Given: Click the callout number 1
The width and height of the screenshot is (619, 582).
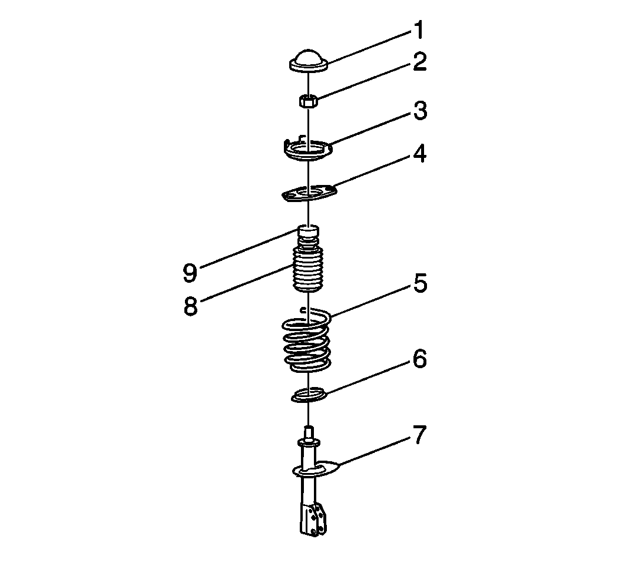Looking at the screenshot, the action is (x=419, y=30).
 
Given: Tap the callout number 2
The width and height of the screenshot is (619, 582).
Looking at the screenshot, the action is (x=420, y=62).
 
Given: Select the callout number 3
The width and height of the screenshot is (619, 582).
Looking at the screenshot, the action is (x=421, y=111).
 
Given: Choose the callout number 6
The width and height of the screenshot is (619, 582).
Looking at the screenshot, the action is (x=420, y=359).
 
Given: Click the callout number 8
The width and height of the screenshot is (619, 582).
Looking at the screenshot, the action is (x=191, y=305).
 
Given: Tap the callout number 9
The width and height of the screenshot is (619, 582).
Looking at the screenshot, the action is (x=190, y=272).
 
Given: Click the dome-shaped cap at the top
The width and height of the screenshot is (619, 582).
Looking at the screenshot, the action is (x=309, y=61).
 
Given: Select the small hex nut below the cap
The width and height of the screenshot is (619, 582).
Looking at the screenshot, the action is (x=308, y=101).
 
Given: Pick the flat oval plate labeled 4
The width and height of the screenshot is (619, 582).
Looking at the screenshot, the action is (x=310, y=193).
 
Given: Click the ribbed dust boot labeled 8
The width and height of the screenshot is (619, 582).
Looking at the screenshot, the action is (x=308, y=270).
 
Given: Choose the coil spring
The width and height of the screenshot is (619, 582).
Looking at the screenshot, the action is (x=307, y=340).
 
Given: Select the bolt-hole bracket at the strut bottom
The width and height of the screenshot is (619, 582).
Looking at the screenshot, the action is (x=315, y=520).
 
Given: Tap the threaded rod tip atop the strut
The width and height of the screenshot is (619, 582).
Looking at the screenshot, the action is (x=309, y=431).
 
